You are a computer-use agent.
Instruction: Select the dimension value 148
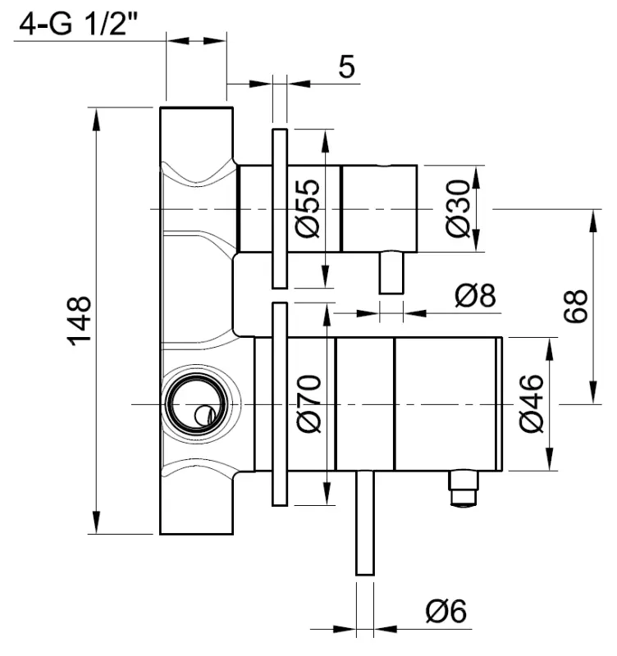(x=80, y=321)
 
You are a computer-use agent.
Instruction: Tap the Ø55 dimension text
(x=305, y=208)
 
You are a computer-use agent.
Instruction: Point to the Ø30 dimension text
(x=460, y=209)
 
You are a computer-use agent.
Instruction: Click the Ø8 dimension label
(x=477, y=295)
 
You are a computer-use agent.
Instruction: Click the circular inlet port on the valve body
(x=193, y=404)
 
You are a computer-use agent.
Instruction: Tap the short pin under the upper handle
(x=391, y=272)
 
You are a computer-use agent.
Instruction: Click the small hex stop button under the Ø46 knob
(x=464, y=490)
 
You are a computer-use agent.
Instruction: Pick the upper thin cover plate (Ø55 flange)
(x=279, y=208)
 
